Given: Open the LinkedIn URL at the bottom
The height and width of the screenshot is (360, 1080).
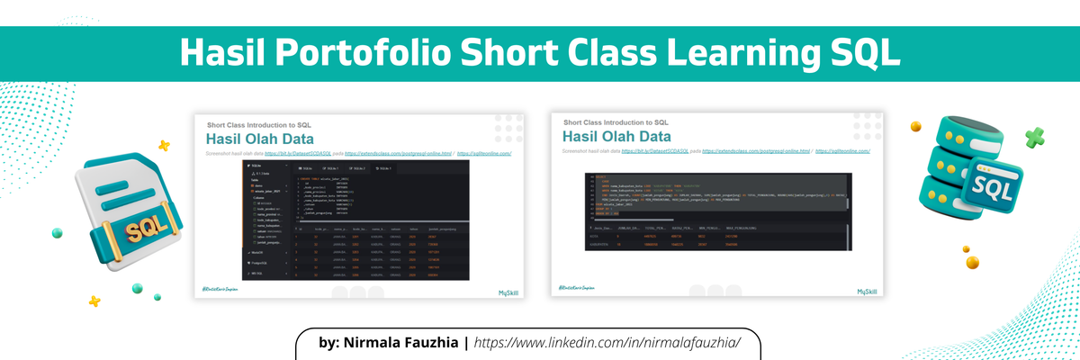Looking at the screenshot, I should tap(605, 343).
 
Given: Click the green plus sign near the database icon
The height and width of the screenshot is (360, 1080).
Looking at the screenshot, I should tap(1034, 138).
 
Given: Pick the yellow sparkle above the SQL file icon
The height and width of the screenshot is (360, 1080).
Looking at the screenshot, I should tap(164, 145).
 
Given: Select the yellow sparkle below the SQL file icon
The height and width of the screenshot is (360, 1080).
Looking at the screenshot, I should tap(94, 301).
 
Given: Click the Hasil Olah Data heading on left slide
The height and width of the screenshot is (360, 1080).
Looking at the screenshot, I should tap(259, 139).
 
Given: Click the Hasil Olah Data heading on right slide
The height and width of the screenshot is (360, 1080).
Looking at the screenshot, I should tap(616, 136).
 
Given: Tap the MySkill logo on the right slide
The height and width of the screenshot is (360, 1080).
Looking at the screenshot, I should tap(867, 291).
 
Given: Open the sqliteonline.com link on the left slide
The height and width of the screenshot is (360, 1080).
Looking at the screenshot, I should tap(490, 154).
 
